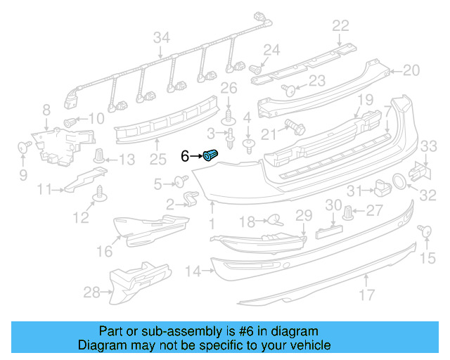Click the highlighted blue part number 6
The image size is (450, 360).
coord(211,155)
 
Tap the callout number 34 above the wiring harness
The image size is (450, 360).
coord(162,37)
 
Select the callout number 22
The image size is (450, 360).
coord(340,26)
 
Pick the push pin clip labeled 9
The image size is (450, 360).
coord(22,148)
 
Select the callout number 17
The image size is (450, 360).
coord(366,296)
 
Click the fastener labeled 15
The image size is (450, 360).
coord(424,231)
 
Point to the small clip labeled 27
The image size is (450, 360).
coord(349,211)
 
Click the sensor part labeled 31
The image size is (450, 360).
coord(381,188)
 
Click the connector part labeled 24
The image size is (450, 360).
coord(257,68)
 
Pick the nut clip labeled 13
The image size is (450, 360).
coord(101,156)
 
